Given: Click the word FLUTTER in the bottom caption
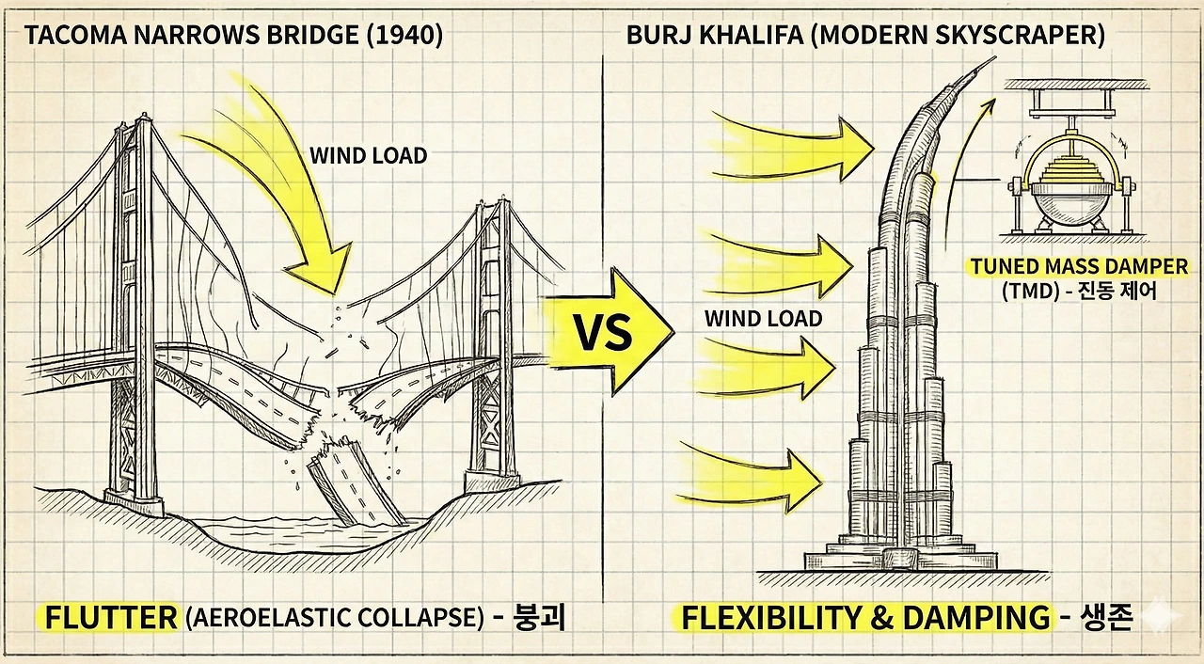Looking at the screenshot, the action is [111, 618].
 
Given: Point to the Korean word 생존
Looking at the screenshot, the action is [1106, 618].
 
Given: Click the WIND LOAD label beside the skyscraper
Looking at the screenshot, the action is [763, 319].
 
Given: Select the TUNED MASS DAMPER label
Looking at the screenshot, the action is [1079, 267].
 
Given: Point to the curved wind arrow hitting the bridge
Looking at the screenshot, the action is [282, 188].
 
